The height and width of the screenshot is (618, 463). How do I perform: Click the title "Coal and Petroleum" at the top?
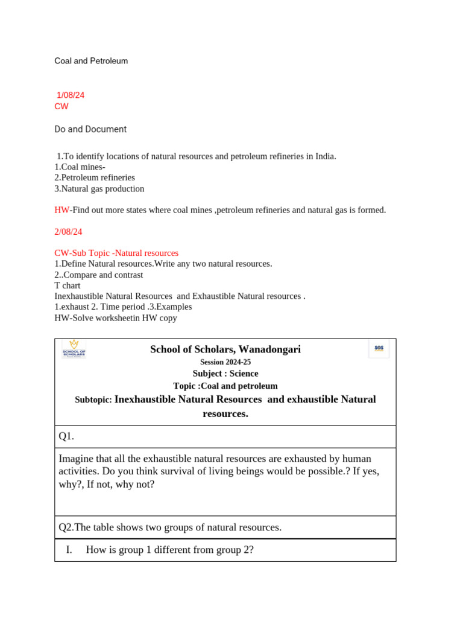91,61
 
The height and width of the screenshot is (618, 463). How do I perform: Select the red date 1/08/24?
71,95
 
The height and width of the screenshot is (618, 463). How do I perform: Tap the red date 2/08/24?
68,232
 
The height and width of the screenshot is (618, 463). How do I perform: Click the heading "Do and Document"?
90,129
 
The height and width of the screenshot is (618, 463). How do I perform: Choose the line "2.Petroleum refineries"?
95,178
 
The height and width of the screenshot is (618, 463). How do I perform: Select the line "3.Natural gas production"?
99,189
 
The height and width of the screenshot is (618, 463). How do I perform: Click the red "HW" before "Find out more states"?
61,210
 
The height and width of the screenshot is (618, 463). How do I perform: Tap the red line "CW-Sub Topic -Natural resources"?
116,253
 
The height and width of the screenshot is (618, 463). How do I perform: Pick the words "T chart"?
68,285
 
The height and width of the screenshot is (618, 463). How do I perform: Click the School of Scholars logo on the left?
74,349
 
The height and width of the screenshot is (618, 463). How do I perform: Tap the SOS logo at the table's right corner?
379,348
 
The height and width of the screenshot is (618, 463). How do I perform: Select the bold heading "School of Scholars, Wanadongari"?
225,349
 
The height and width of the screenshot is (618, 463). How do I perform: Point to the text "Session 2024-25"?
225,362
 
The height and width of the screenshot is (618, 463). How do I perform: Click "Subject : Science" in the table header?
225,374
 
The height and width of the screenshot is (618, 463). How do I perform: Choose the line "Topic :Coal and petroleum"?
225,386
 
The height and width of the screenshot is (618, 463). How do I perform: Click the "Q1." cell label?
66,436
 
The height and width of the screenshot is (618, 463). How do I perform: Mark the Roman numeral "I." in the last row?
69,550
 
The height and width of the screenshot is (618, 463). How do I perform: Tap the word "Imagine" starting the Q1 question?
76,459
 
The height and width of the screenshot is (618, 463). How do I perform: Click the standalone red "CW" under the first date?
61,107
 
